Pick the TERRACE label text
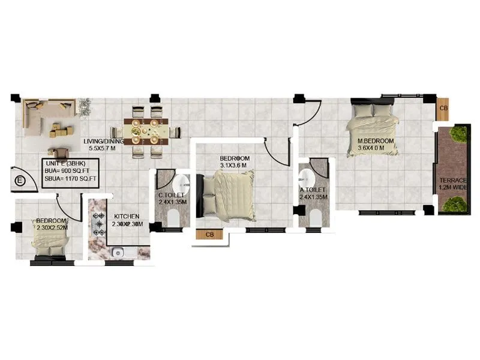pos(453,180)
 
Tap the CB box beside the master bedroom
pos(443,108)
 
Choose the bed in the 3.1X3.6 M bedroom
pos(228,193)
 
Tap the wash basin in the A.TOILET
pos(306,176)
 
